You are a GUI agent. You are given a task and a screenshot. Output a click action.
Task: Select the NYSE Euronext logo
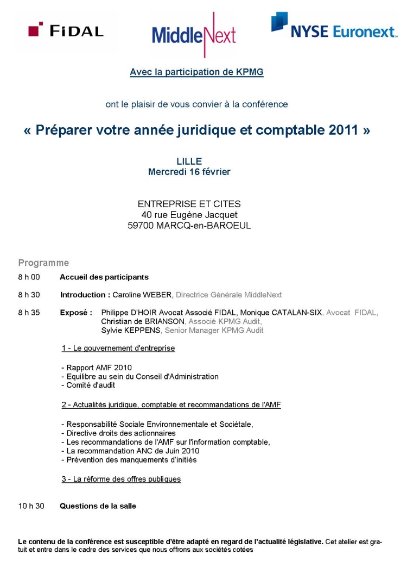point(334,27)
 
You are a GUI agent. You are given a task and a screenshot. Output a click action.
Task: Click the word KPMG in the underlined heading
point(251,72)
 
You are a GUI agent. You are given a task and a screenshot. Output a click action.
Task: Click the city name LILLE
point(189,161)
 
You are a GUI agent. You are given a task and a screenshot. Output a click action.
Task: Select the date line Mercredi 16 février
point(189,172)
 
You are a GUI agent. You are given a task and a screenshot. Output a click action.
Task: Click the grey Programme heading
point(43,263)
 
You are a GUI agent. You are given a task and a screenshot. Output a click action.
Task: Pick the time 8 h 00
point(29,277)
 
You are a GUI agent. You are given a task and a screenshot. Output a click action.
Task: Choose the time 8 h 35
point(29,313)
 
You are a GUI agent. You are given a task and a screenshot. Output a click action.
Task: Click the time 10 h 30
point(31,506)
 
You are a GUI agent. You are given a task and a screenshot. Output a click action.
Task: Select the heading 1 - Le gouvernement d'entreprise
point(118,348)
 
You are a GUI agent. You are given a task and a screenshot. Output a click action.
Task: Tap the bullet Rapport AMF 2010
point(96,368)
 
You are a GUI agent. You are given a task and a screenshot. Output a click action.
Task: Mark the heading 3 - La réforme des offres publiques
point(120,479)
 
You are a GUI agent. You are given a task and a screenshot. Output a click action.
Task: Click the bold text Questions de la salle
point(98,506)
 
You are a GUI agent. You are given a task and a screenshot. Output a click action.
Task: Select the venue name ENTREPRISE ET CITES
point(189,204)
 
